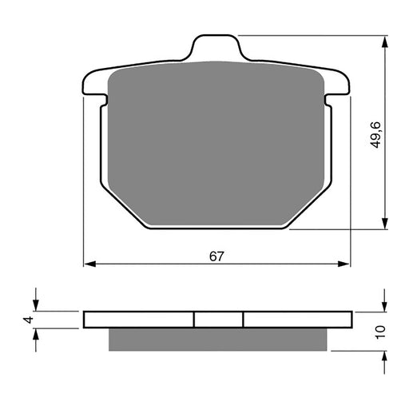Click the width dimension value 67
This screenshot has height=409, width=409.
click(216, 256)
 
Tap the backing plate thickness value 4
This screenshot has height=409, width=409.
click(29, 320)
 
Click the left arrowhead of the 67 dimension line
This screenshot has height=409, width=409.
click(89, 263)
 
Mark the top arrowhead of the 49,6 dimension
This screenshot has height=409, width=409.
click(386, 41)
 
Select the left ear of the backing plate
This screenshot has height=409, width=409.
click(93, 86)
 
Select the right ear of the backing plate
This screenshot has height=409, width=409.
click(341, 86)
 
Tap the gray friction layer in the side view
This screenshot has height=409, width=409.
click(218, 339)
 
